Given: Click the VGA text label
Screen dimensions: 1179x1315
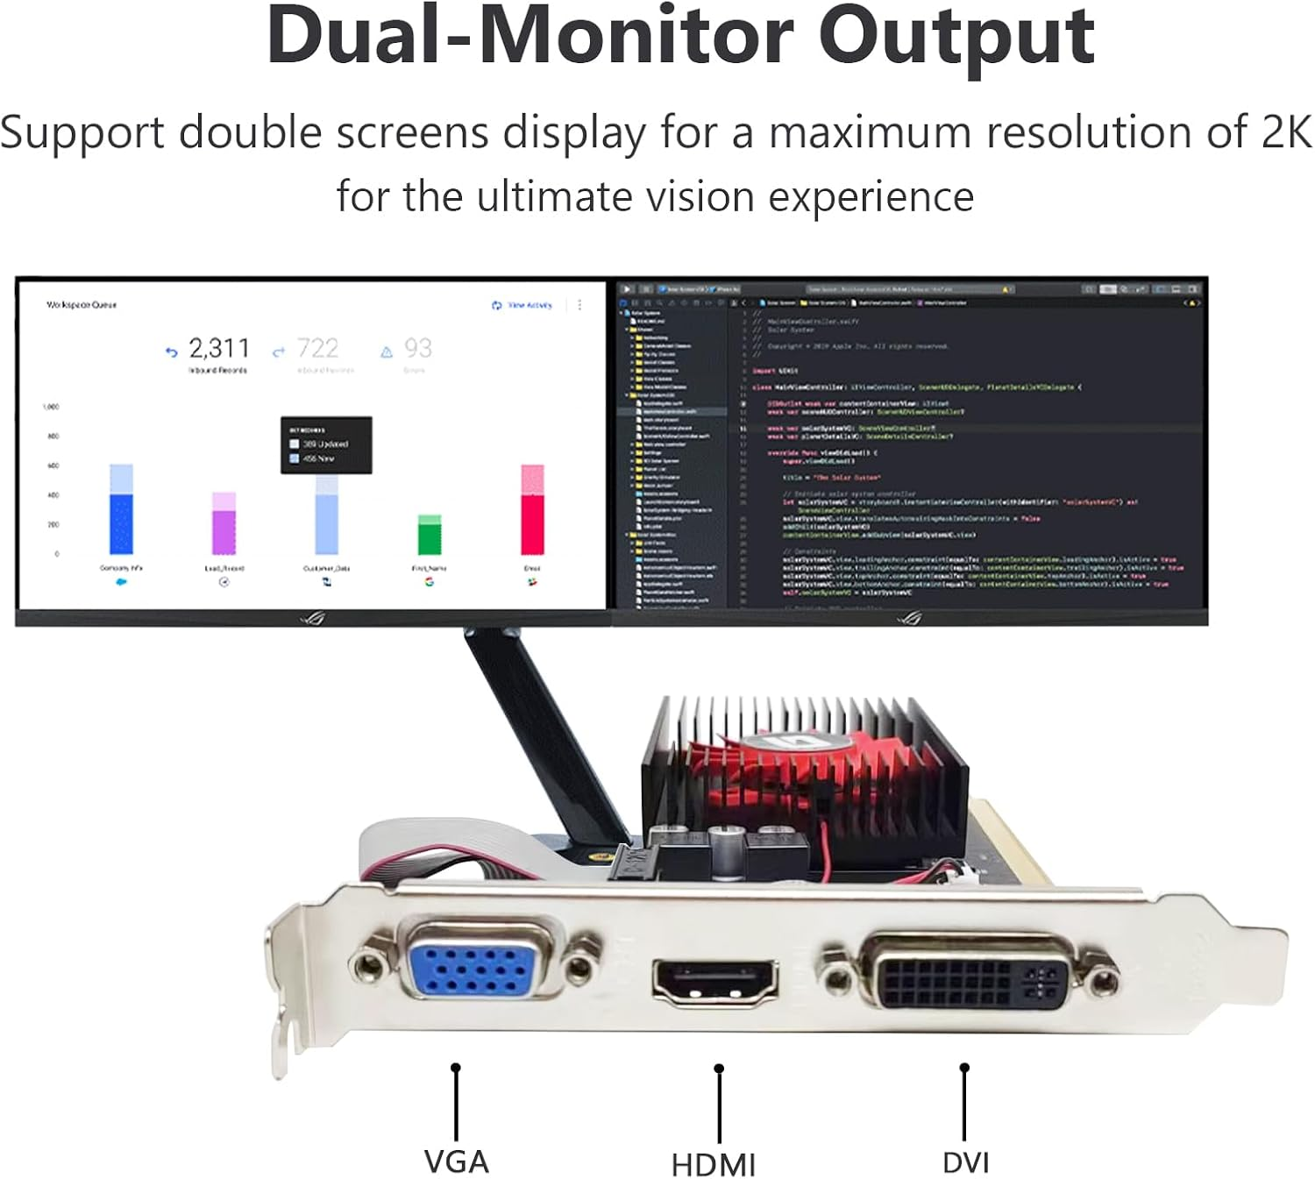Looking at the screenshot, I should coord(456,1161).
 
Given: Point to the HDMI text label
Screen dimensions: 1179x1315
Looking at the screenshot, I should coord(714,1165).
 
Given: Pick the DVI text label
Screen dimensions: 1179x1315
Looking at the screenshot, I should coord(965,1162).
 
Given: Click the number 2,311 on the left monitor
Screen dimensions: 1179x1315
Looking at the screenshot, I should coord(219,349).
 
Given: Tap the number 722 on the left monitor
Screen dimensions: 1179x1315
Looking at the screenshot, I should coord(317,349).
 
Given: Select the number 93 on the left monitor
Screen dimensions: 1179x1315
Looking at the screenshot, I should coord(418,349).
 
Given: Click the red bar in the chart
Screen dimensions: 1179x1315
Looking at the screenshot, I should coord(532,523).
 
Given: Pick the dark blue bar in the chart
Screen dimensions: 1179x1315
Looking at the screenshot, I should coord(121,523).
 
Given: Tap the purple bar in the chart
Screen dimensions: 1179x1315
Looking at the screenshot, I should coord(224,531).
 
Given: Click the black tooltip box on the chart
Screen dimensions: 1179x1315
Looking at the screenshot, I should coord(326,445).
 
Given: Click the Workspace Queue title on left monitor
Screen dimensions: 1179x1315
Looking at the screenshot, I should coord(82,305).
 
